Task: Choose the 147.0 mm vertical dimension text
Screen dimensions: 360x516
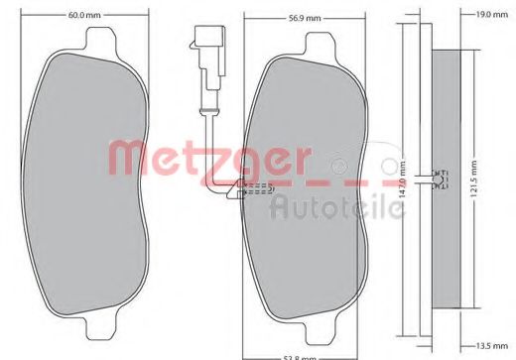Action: (402, 187)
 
